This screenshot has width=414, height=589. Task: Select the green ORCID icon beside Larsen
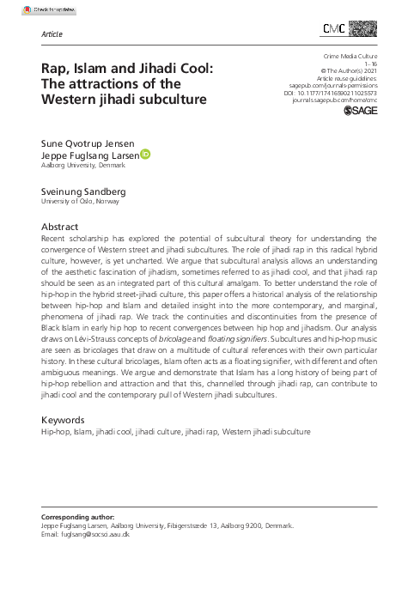click(145, 155)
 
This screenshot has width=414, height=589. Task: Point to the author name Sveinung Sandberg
click(85, 191)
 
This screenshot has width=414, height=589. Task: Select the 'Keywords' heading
click(66, 420)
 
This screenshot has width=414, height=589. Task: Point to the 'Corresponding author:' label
click(78, 517)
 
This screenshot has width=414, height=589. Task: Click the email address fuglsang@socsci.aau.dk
click(86, 533)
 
